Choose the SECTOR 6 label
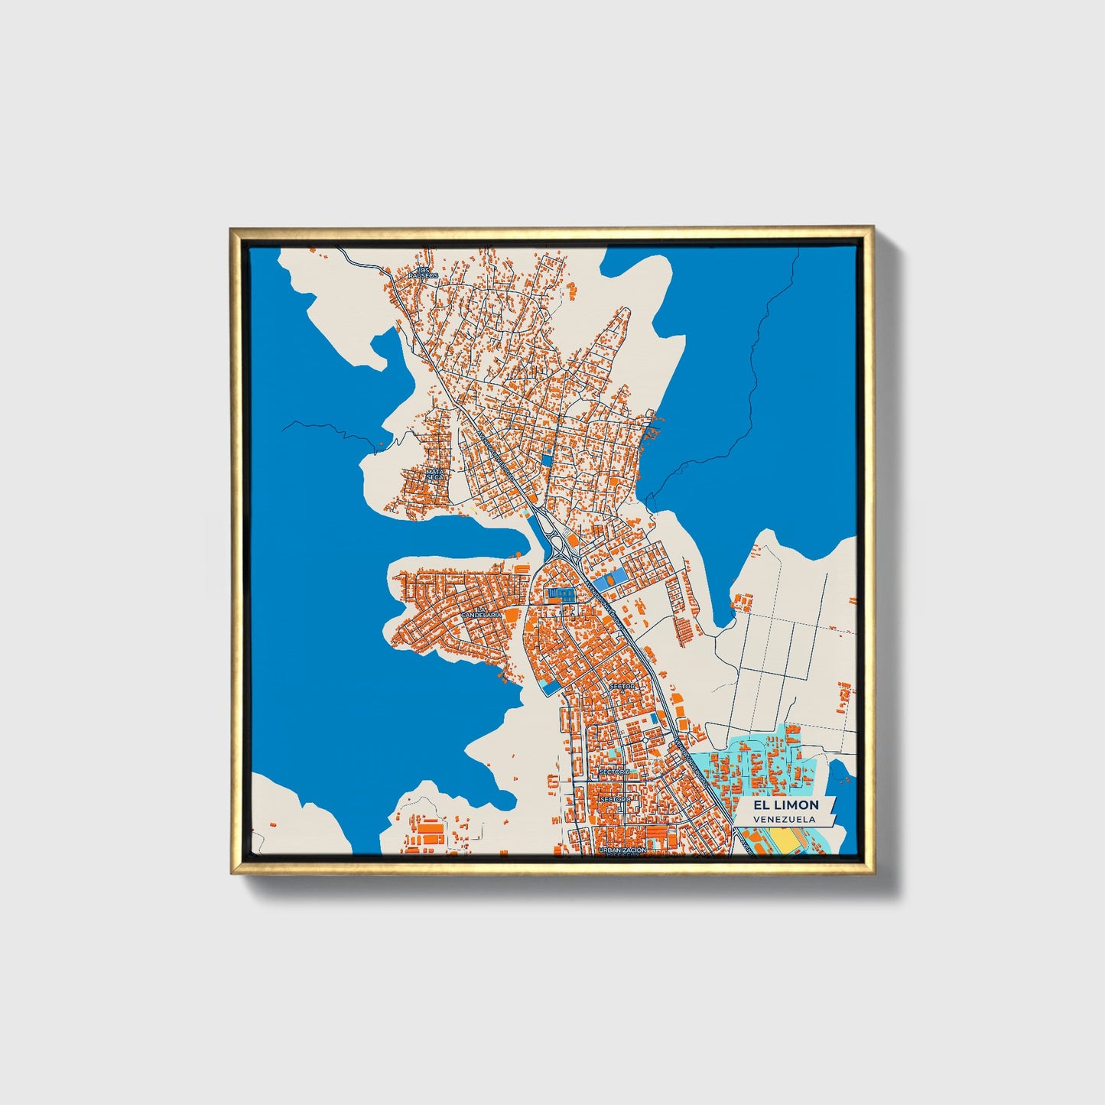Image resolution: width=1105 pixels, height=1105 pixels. point(614,772)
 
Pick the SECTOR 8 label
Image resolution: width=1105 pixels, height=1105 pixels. point(616,799)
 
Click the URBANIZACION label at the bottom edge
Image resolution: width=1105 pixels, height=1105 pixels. point(622,850)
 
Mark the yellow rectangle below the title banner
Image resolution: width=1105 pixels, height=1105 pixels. point(784,840)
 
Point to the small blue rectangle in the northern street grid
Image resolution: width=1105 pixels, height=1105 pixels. point(546,460)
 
